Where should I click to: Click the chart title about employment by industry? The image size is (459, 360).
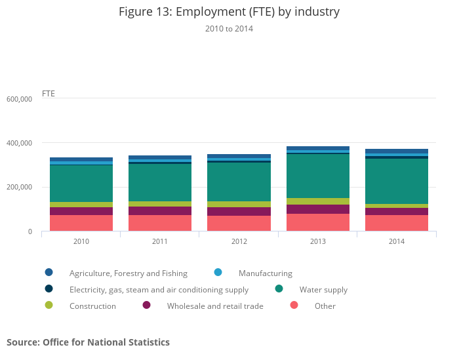pos(229,12)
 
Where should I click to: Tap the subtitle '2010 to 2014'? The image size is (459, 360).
pos(229,29)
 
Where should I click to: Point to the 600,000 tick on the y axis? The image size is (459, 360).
pos(19,99)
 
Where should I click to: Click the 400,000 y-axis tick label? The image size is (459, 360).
pos(19,143)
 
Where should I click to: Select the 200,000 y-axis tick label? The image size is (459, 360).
pos(19,188)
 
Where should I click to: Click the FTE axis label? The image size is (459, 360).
pos(49,93)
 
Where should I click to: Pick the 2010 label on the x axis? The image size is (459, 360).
pos(81,241)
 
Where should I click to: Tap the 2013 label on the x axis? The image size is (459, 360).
pos(318,241)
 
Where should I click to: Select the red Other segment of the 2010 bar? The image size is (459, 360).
pos(81,223)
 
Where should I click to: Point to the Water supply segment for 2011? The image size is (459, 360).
pos(160,182)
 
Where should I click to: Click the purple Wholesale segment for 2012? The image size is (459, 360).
pos(239,211)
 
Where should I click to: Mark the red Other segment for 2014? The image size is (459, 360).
pos(397,223)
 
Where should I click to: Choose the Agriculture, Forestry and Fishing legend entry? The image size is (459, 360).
pos(128,273)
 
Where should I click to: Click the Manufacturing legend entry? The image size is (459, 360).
pos(265,273)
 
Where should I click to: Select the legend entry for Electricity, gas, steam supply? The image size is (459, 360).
pos(159,289)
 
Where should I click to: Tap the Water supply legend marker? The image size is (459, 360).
pos(279,289)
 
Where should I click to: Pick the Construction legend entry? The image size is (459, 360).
pos(92,306)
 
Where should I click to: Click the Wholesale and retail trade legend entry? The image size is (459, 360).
pos(214,306)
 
